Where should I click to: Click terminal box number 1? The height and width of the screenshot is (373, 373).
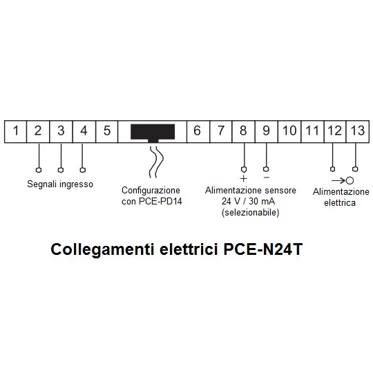(x=15, y=131)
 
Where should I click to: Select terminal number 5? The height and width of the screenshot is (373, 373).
(x=107, y=131)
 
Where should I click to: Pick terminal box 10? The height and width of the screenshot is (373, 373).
(x=289, y=131)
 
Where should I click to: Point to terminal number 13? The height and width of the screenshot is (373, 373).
(x=358, y=131)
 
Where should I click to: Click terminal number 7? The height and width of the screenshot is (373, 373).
(x=221, y=131)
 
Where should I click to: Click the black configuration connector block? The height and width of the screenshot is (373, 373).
(x=153, y=133)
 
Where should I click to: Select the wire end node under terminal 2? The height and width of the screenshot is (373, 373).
(x=39, y=170)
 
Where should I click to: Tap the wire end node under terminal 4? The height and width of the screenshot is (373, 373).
(x=83, y=170)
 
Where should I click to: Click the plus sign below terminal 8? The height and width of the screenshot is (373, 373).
(x=243, y=178)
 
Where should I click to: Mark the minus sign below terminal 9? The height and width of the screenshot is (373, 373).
(x=267, y=178)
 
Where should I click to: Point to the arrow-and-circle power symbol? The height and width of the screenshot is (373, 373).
(x=343, y=180)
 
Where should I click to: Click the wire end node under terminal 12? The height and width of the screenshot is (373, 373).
(x=332, y=169)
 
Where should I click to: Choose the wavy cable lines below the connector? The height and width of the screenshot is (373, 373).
(x=156, y=162)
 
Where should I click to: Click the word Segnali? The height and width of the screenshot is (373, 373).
(x=42, y=184)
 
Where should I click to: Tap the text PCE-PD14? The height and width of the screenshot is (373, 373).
(x=160, y=201)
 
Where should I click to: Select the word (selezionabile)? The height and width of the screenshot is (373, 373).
(x=250, y=212)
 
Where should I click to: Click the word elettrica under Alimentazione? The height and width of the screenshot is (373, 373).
(x=340, y=202)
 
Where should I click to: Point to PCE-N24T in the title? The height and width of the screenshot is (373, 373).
(x=263, y=249)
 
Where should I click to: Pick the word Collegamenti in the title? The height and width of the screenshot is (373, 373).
(x=102, y=250)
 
